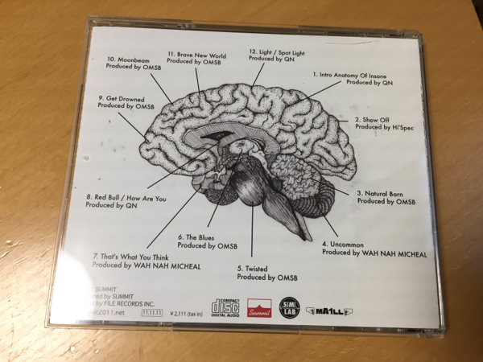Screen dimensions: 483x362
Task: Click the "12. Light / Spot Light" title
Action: point(275,51)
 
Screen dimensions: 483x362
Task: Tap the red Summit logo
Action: point(259,307)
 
